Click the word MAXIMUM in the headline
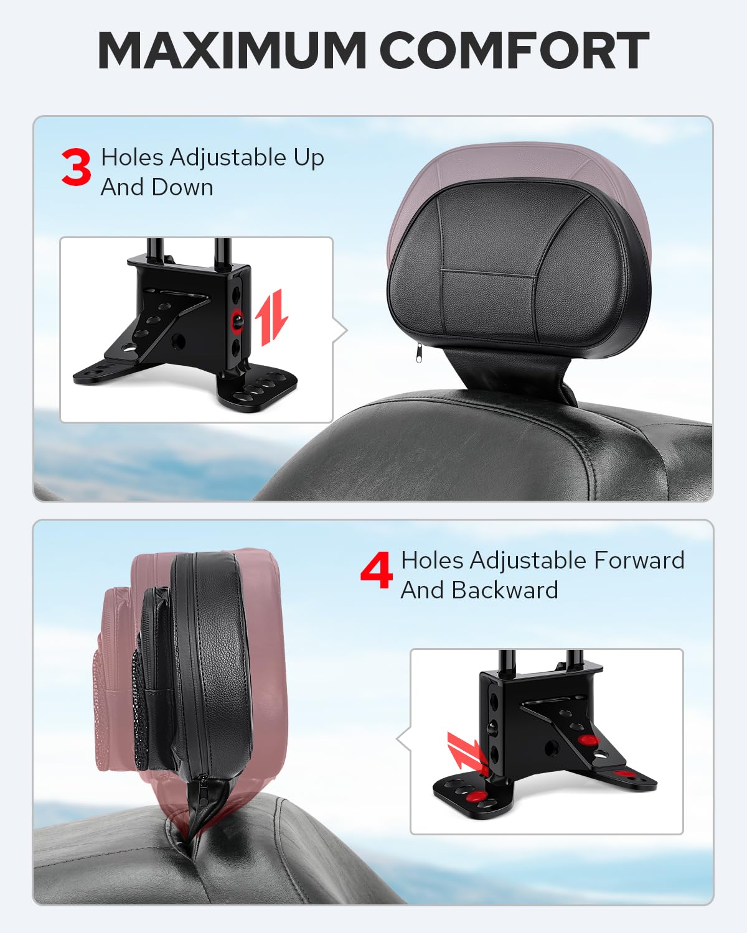[x=232, y=50]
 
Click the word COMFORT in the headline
[x=514, y=50]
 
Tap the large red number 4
[x=377, y=570]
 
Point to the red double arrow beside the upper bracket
[x=273, y=317]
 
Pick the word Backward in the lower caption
[x=505, y=590]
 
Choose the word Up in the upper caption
[x=309, y=158]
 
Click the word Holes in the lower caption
[x=432, y=560]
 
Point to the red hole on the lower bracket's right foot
[x=625, y=774]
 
